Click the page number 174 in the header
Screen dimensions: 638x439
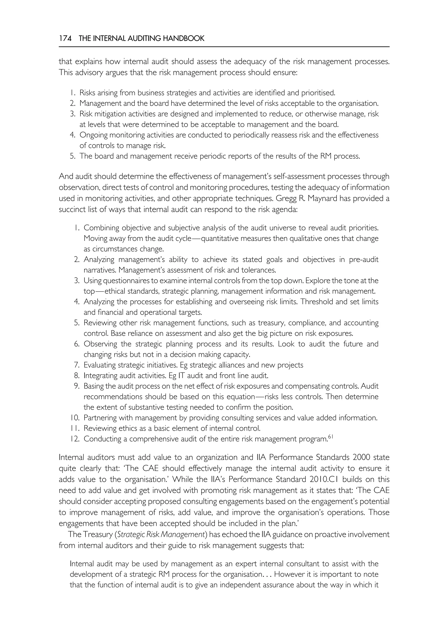click(x=65, y=39)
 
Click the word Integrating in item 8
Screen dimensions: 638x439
click(x=100, y=376)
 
